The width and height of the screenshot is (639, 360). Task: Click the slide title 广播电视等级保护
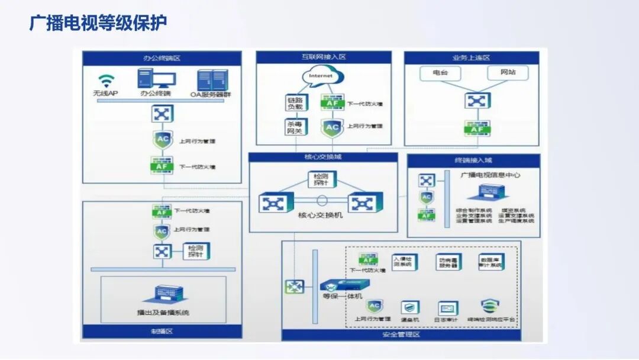point(98,22)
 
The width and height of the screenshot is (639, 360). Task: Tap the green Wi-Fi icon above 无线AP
point(106,81)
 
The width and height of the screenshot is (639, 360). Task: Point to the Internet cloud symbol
point(321,76)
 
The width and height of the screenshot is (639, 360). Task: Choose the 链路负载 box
point(295,102)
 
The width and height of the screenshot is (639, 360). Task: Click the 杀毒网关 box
point(295,127)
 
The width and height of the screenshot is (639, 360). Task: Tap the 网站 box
point(508,73)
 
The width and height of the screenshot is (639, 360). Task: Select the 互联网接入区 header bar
point(323,57)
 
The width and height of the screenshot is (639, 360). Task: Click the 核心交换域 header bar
point(322,157)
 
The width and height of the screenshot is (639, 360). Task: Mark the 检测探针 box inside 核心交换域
point(322,179)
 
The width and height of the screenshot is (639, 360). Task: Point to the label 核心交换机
point(320,216)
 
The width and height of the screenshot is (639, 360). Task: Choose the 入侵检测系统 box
point(405,262)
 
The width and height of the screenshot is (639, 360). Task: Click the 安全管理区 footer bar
point(401,335)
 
